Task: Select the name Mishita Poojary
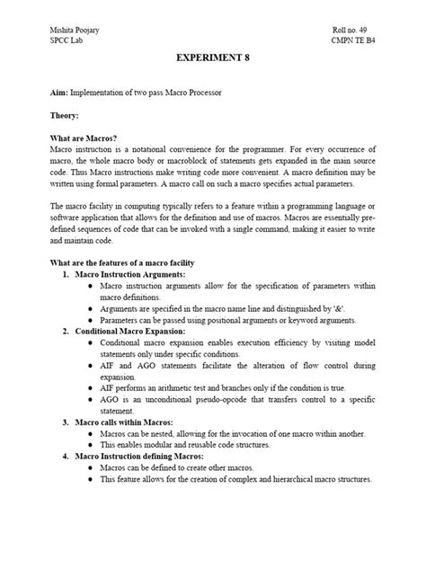(x=75, y=30)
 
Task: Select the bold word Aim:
(x=59, y=93)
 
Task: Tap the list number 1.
(x=65, y=273)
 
